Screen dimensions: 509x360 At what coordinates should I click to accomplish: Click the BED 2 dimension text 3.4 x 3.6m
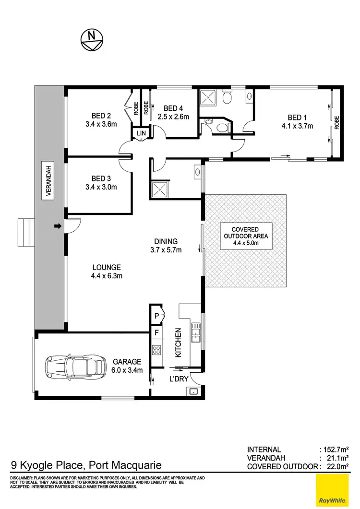101,124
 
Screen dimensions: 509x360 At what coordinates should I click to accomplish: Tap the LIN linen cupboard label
141,133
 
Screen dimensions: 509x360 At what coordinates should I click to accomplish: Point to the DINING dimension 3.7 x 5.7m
166,250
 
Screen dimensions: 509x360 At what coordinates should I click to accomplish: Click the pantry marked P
156,316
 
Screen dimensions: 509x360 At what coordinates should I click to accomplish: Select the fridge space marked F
156,331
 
